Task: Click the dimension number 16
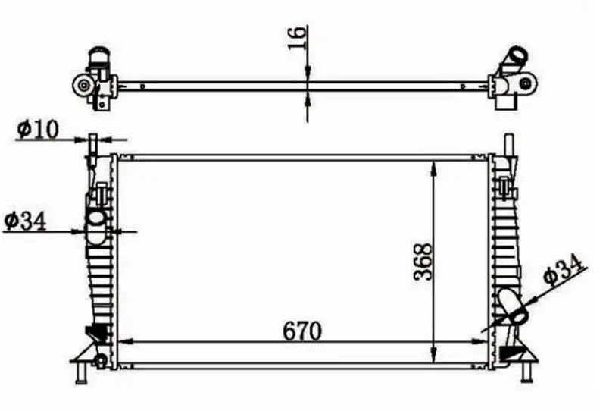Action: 298,37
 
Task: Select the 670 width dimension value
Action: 302,331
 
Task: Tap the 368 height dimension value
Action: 423,262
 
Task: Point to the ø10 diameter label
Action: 37,130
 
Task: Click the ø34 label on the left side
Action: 25,221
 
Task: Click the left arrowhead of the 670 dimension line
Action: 126,343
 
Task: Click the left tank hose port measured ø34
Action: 95,221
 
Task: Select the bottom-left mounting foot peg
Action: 80,373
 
